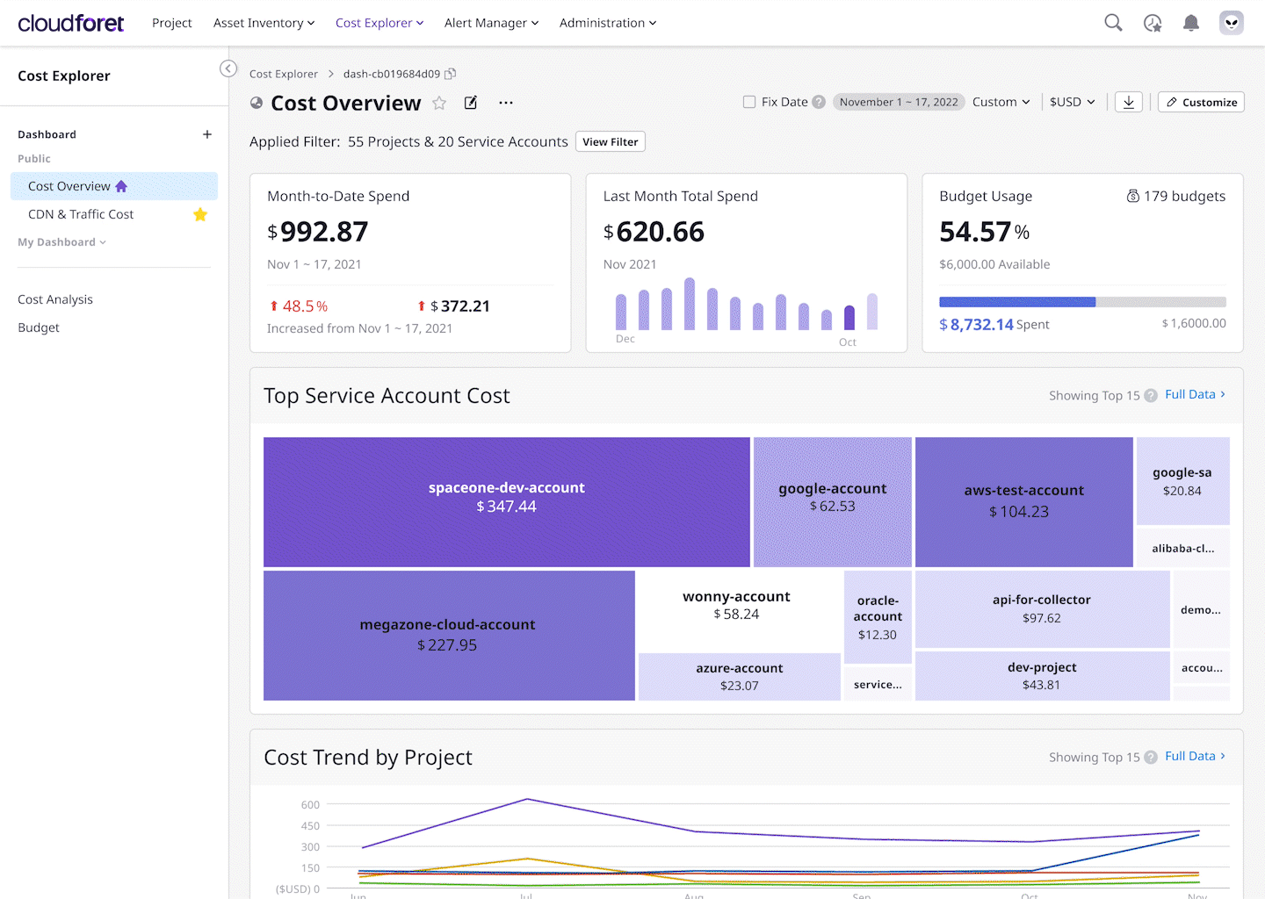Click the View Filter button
point(610,142)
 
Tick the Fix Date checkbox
point(749,102)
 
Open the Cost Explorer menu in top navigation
point(379,23)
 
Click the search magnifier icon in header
point(1113,23)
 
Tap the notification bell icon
point(1190,23)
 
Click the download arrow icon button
point(1129,102)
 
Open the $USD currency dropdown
point(1072,102)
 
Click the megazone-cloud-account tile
point(448,635)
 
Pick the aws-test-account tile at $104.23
point(1023,501)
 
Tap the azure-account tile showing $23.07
point(739,676)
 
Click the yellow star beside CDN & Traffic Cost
point(200,214)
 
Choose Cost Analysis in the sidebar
point(55,299)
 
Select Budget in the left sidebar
point(39,327)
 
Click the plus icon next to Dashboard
point(207,134)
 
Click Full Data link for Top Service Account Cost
point(1194,395)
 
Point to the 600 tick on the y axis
point(310,805)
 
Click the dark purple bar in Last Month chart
point(849,317)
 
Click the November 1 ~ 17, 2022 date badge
point(899,102)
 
